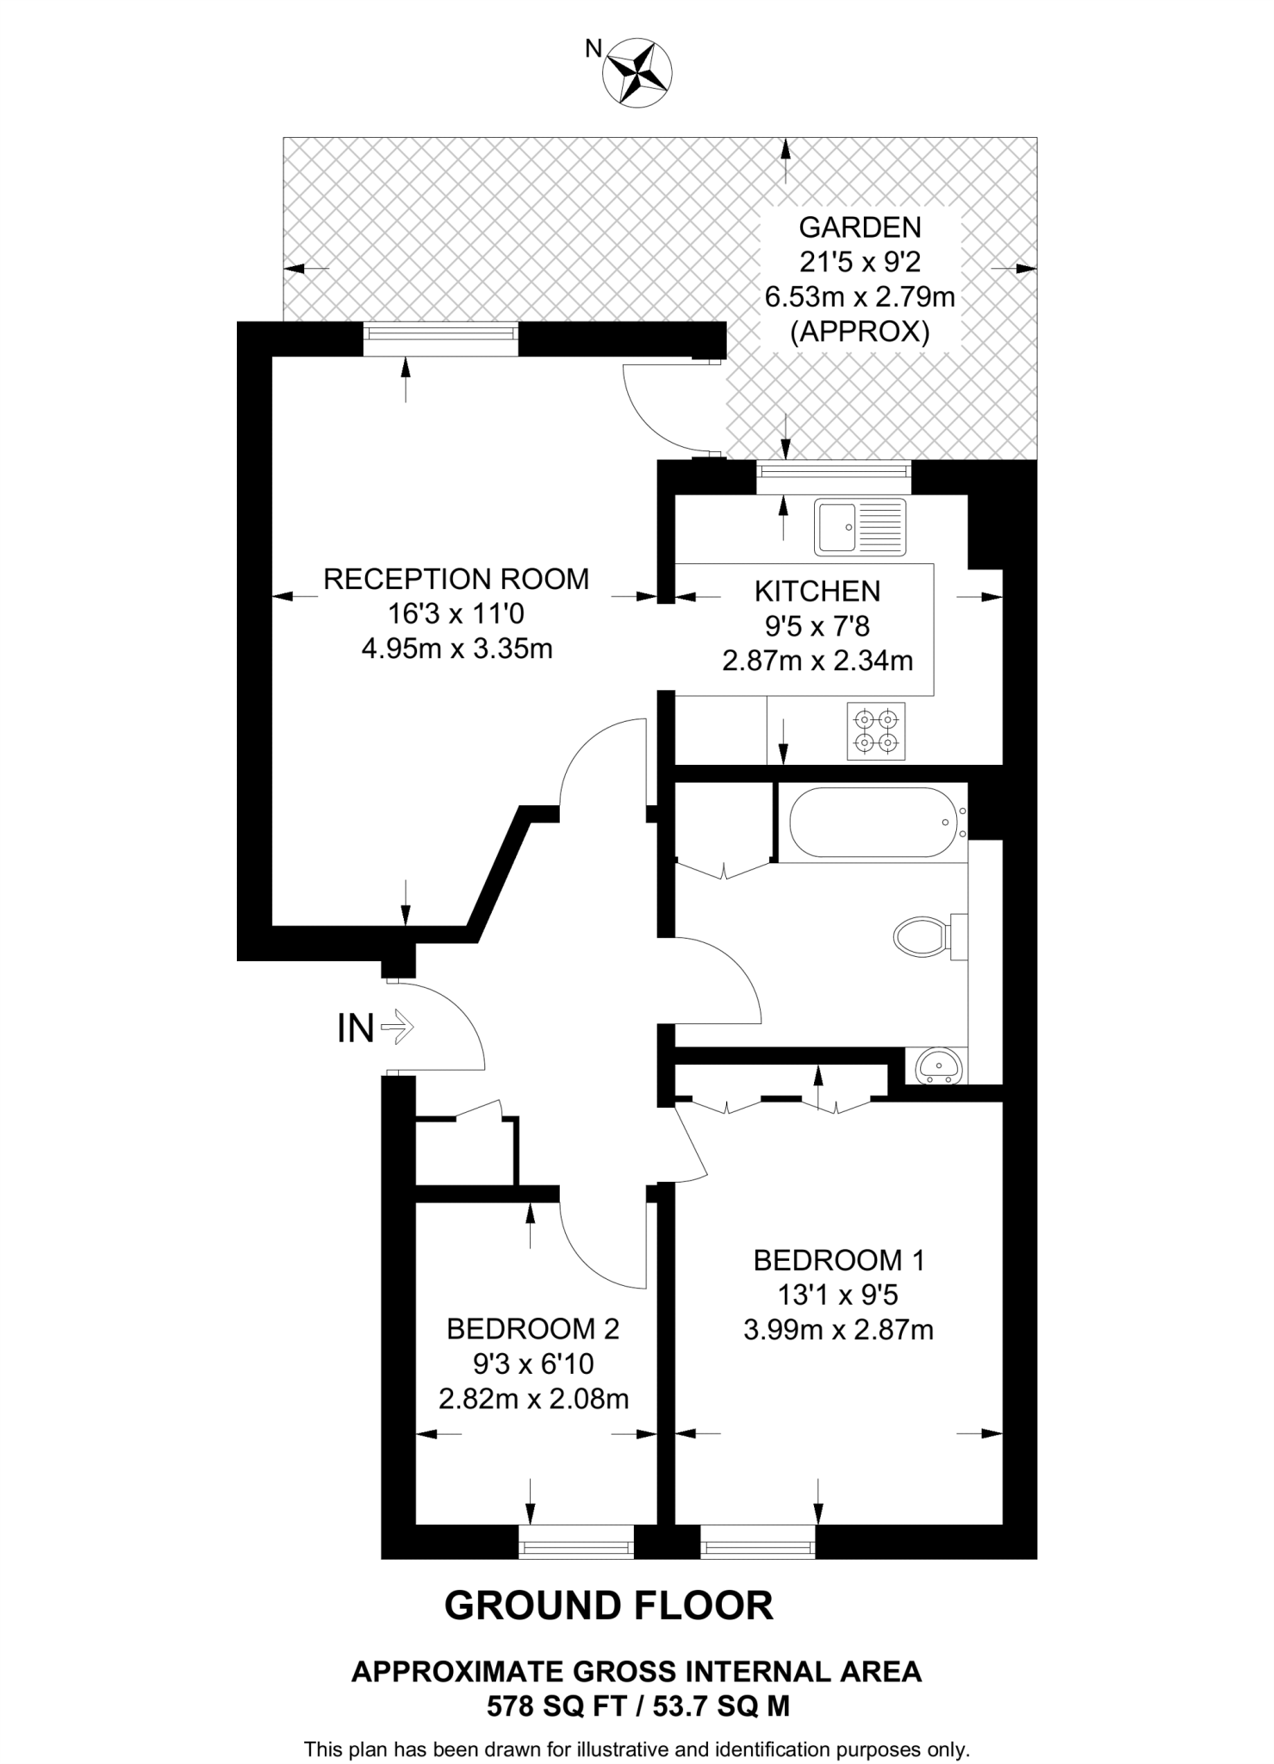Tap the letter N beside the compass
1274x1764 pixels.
(593, 49)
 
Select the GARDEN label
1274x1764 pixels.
(860, 227)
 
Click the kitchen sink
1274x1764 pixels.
(861, 526)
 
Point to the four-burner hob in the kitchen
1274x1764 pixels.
(876, 731)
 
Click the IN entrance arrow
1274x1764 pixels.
(397, 1027)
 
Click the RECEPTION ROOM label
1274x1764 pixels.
(456, 579)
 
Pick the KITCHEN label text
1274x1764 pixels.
(817, 592)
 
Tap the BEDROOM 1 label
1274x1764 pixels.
(838, 1261)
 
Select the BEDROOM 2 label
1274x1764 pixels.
(532, 1329)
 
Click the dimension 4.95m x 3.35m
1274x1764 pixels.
(457, 649)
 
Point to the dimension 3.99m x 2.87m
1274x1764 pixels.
(838, 1330)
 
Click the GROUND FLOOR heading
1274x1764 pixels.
(608, 1606)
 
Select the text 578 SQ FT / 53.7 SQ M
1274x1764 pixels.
(637, 1706)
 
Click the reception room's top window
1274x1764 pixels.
(440, 339)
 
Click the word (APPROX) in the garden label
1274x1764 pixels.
(860, 332)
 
